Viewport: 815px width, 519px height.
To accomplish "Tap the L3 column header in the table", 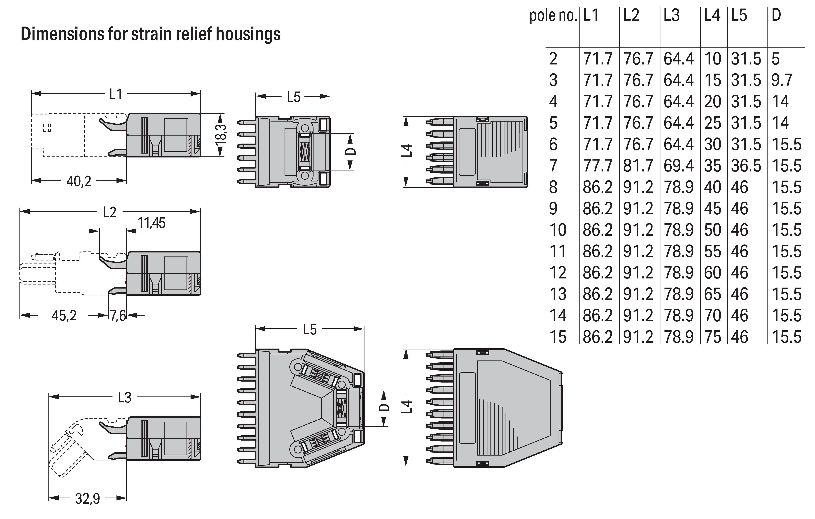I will click(x=671, y=16).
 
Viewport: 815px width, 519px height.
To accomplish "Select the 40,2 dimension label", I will click(x=79, y=182).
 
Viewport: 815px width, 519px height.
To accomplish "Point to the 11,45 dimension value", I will click(x=151, y=223).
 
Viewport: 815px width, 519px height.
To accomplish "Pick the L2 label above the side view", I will click(x=110, y=212).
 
